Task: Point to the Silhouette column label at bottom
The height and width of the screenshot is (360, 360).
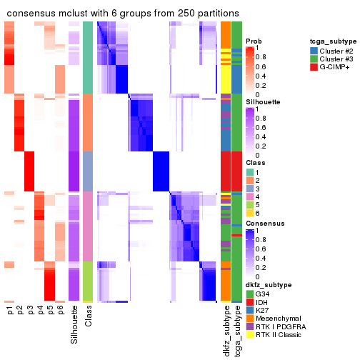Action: coord(74,324)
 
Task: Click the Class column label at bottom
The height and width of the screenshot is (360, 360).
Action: coord(88,317)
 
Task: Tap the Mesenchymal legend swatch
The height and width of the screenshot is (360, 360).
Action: coord(249,317)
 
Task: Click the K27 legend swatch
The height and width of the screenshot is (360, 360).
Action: coord(249,309)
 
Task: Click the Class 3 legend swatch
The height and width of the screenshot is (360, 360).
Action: coord(249,189)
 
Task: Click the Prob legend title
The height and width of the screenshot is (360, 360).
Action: coord(253,41)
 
